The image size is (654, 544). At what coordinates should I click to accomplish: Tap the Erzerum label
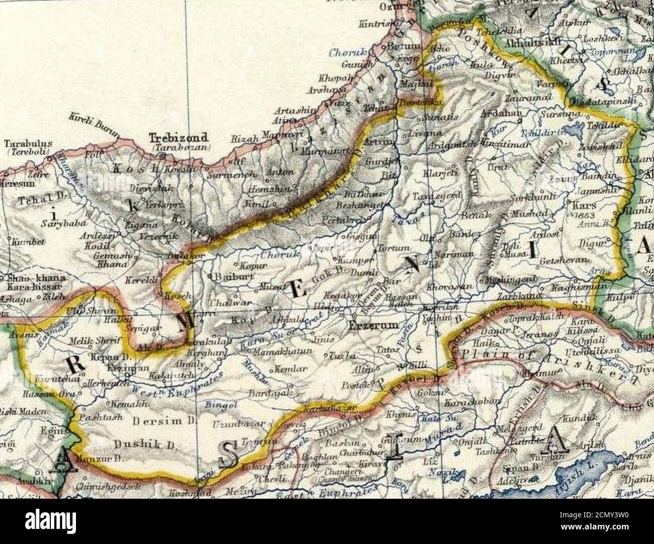click(x=374, y=326)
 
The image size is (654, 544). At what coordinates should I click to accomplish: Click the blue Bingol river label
click(x=219, y=404)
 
